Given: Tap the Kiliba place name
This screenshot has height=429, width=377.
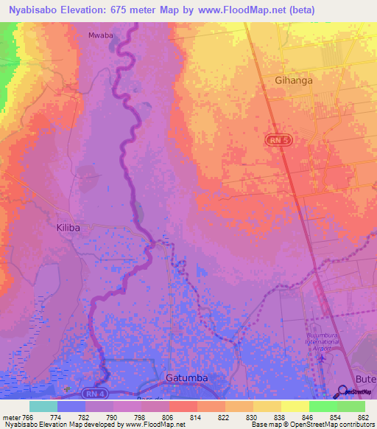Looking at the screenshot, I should pos(68,228).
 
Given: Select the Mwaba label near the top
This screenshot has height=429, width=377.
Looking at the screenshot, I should pos(100,35).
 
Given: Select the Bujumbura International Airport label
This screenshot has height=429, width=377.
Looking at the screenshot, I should pos(329,341).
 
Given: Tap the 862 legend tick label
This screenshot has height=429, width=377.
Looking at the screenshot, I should pos(363,417).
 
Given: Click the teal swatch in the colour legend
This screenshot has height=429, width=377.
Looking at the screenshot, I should pos(43,406).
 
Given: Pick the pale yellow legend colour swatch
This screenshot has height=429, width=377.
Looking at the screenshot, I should pos(295,406).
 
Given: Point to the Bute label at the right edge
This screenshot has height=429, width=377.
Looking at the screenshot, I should pos(365,378).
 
